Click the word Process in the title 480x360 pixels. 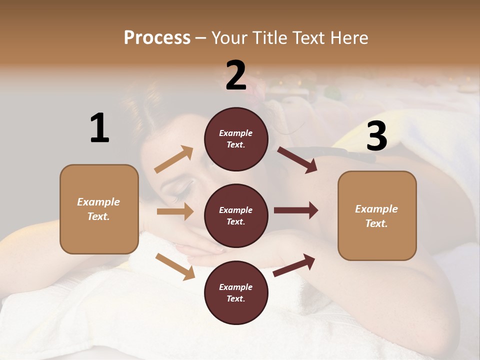click(157, 38)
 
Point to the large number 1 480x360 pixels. click(99, 128)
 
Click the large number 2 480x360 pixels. click(236, 75)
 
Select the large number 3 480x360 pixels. click(376, 136)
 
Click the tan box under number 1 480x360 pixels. click(99, 209)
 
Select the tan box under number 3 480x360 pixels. click(377, 215)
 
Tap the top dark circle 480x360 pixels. click(236, 139)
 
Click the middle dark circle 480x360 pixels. click(236, 215)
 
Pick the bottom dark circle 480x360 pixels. click(236, 292)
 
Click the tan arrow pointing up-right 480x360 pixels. click(174, 159)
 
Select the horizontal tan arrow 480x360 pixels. click(175, 211)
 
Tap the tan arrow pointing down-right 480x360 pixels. click(175, 266)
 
